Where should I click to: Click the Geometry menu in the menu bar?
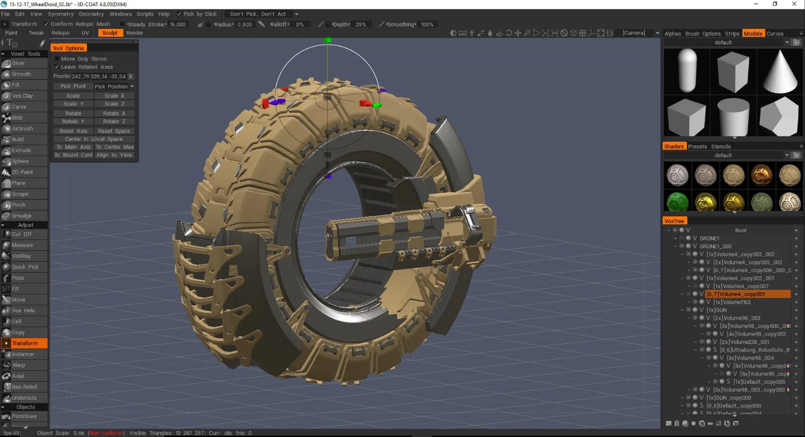91,14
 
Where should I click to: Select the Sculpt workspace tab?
110,33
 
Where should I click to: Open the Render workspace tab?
135,33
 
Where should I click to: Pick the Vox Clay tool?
23,96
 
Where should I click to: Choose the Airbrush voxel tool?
22,128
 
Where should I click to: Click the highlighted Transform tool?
24,343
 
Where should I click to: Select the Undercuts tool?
24,398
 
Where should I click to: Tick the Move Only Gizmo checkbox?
57,59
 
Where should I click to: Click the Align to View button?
114,155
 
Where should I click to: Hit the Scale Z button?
114,104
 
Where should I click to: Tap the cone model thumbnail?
780,71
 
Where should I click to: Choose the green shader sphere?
677,201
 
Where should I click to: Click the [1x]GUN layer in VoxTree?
717,310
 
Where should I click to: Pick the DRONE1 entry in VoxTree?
709,238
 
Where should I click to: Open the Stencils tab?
721,146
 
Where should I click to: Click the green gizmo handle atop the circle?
327,40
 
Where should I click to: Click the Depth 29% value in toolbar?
360,24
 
